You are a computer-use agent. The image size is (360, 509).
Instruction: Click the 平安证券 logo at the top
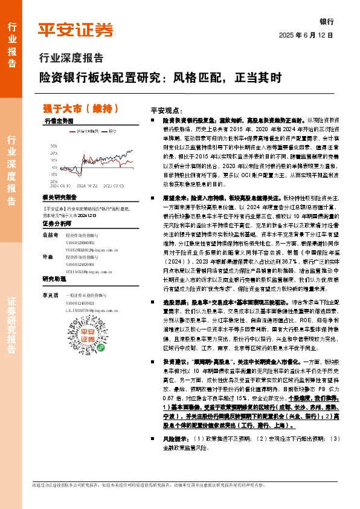pos(76,30)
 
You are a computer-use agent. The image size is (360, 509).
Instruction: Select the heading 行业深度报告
pos(71,59)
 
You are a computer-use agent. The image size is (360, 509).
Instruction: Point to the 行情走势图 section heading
pos(59,122)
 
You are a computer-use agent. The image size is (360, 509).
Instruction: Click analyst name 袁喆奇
pos(50,233)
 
